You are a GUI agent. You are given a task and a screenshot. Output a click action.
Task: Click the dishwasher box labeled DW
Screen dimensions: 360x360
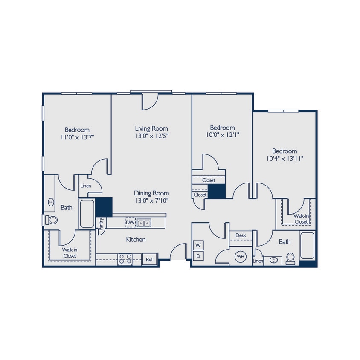pyautogui.click(x=130, y=223)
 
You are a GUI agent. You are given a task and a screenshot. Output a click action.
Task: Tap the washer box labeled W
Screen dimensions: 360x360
pyautogui.click(x=198, y=246)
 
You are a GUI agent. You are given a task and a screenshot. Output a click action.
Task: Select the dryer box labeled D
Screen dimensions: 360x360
pyautogui.click(x=198, y=256)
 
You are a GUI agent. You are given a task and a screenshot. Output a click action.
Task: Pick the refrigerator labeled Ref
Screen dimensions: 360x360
pyautogui.click(x=150, y=259)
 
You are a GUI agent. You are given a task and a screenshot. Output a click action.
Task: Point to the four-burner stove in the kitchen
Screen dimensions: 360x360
pyautogui.click(x=125, y=259)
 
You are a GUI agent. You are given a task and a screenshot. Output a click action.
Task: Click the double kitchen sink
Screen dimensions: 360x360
pyautogui.click(x=144, y=223)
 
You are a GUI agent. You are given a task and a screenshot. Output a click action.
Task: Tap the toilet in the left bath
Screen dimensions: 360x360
pyautogui.click(x=52, y=220)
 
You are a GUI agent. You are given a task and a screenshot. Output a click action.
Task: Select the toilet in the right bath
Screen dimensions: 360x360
pyautogui.click(x=290, y=258)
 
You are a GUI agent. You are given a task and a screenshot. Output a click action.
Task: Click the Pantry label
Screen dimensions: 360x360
pyautogui.click(x=101, y=224)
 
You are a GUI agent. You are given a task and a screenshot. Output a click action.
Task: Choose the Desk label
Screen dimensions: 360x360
pyautogui.click(x=241, y=235)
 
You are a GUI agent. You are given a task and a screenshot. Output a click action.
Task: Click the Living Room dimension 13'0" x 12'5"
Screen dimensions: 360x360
pyautogui.click(x=151, y=136)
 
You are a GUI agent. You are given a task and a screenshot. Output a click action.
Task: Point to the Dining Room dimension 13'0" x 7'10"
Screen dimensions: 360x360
pyautogui.click(x=151, y=201)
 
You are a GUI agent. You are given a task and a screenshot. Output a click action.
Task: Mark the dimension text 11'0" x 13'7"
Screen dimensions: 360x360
pyautogui.click(x=77, y=138)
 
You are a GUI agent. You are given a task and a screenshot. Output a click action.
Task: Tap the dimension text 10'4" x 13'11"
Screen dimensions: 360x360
pyautogui.click(x=285, y=159)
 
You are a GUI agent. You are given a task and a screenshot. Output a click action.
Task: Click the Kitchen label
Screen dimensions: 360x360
pyautogui.click(x=136, y=240)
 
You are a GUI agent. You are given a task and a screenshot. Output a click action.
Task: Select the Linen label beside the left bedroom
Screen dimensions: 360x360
pyautogui.click(x=85, y=186)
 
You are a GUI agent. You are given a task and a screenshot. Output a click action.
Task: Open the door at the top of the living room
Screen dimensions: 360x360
pyautogui.click(x=150, y=101)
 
